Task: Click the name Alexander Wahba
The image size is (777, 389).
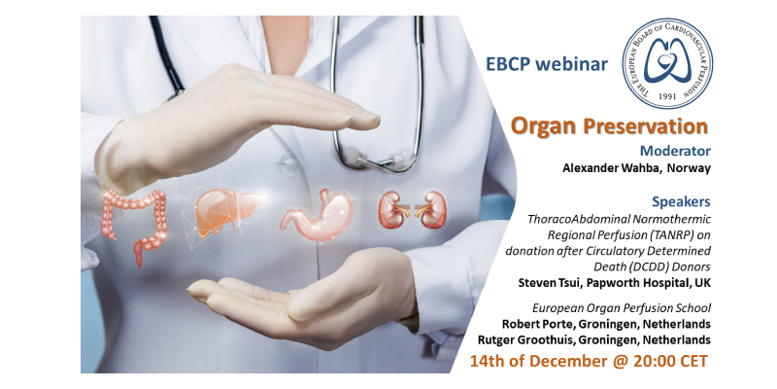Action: click(607, 167)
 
